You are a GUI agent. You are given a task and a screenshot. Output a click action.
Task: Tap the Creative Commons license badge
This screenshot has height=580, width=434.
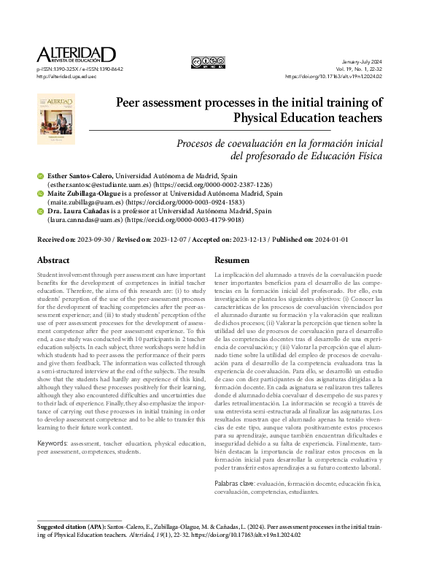[x=208, y=62]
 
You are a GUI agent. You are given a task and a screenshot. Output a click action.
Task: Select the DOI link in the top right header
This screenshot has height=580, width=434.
[x=344, y=76]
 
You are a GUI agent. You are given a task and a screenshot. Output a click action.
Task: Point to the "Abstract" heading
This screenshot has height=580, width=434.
[x=54, y=259]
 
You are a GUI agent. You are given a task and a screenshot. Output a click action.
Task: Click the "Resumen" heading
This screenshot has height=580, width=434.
[x=233, y=259]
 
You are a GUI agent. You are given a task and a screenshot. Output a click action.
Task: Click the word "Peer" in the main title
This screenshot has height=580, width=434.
[x=133, y=103]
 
